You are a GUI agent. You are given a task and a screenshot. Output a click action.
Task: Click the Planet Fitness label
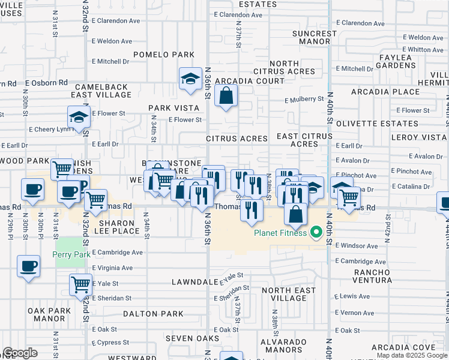(280, 233)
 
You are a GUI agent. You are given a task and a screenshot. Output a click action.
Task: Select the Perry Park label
(71, 254)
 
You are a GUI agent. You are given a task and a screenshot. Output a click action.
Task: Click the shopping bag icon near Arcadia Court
(226, 96)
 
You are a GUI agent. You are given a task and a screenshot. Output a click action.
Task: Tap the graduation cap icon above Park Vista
(190, 79)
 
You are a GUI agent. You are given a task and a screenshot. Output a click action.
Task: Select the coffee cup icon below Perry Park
(28, 266)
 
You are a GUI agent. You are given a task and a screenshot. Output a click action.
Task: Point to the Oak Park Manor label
(50, 314)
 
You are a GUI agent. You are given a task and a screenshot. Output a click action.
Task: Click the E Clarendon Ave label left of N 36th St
(117, 21)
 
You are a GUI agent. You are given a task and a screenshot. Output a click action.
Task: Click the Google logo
(20, 353)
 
